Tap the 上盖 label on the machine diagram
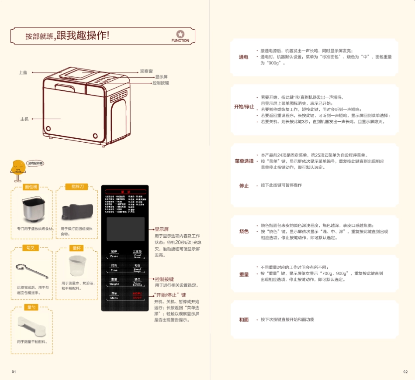[x=23, y=72]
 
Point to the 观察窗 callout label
[x=146, y=72]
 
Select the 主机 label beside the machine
[x=24, y=119]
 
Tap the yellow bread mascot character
[x=18, y=171]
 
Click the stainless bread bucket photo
[x=31, y=210]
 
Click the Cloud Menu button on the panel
[x=137, y=254]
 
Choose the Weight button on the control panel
[x=114, y=281]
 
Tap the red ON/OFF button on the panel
[x=137, y=295]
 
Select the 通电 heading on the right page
[x=243, y=57]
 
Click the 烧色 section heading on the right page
[x=244, y=231]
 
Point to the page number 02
[x=405, y=372]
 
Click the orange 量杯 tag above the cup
[x=76, y=248]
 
